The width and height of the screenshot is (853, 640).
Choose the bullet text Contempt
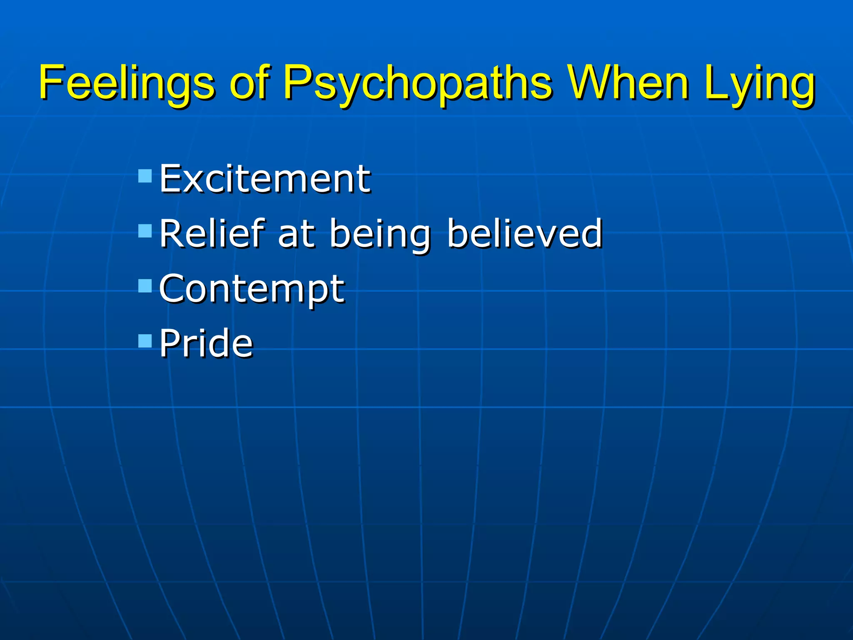(x=252, y=290)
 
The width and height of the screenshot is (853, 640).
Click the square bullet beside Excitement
(x=145, y=176)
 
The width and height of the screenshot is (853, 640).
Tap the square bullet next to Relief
(x=145, y=231)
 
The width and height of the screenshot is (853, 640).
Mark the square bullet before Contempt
(x=145, y=286)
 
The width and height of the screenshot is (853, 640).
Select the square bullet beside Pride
(x=145, y=341)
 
